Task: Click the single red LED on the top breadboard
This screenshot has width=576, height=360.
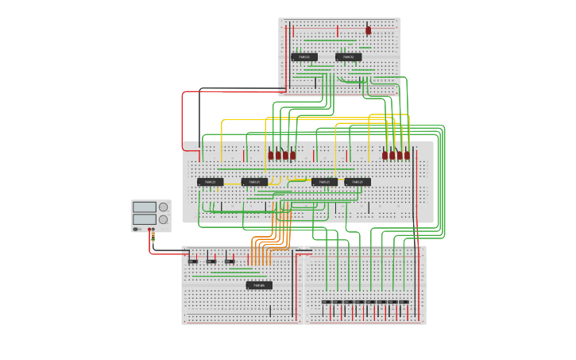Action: pyautogui.click(x=368, y=30)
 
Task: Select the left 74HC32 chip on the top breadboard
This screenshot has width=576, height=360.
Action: pyautogui.click(x=304, y=57)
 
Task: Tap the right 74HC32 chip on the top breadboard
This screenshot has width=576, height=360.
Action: pyautogui.click(x=348, y=57)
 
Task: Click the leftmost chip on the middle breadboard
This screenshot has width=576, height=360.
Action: pyautogui.click(x=210, y=182)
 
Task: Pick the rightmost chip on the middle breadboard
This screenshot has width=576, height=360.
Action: pyautogui.click(x=358, y=182)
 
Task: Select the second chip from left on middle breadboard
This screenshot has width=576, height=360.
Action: pyautogui.click(x=254, y=182)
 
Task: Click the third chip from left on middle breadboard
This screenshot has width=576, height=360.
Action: pyautogui.click(x=324, y=182)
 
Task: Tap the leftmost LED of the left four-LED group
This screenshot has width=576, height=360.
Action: pyautogui.click(x=271, y=155)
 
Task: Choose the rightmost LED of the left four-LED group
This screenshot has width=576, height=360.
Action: pyautogui.click(x=292, y=155)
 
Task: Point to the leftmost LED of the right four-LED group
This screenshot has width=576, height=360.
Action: pyautogui.click(x=385, y=155)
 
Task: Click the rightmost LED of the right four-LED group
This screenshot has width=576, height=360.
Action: pyautogui.click(x=407, y=155)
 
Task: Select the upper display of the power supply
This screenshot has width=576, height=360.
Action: pyautogui.click(x=144, y=207)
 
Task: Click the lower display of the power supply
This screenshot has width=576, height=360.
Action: pyautogui.click(x=144, y=219)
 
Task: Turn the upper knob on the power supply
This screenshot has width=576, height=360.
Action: pyautogui.click(x=163, y=207)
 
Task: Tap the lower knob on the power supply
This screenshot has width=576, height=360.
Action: pyautogui.click(x=163, y=219)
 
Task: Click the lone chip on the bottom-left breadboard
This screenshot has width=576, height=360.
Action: pyautogui.click(x=259, y=285)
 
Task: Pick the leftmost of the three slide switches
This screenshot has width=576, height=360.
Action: pyautogui.click(x=193, y=261)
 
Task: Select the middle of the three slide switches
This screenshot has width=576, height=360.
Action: pyautogui.click(x=211, y=261)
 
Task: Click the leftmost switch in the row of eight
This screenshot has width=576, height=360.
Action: pyautogui.click(x=326, y=303)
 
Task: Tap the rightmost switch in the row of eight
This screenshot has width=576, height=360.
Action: pyautogui.click(x=404, y=303)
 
